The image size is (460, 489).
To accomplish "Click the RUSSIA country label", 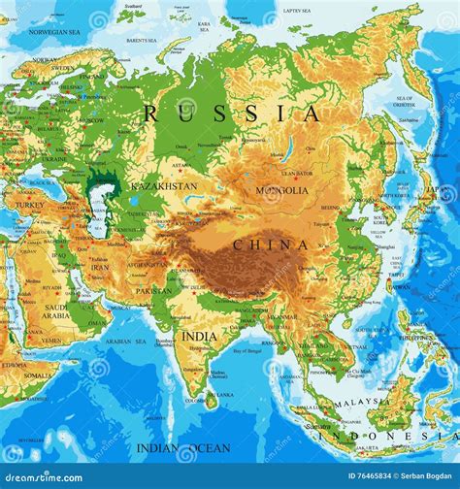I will coord(231,114).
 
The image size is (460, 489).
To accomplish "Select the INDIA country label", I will coord(201,336).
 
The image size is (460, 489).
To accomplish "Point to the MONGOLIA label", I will coord(282,190).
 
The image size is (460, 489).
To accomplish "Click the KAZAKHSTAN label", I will coord(163,185).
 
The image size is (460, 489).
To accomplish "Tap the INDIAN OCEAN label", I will coord(183,448).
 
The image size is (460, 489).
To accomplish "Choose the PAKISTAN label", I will coord(153,290).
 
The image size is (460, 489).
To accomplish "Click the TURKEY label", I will coord(29,206).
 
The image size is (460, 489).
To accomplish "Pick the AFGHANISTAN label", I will coord(146,263).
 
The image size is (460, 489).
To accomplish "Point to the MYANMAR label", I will coord(283,316).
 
